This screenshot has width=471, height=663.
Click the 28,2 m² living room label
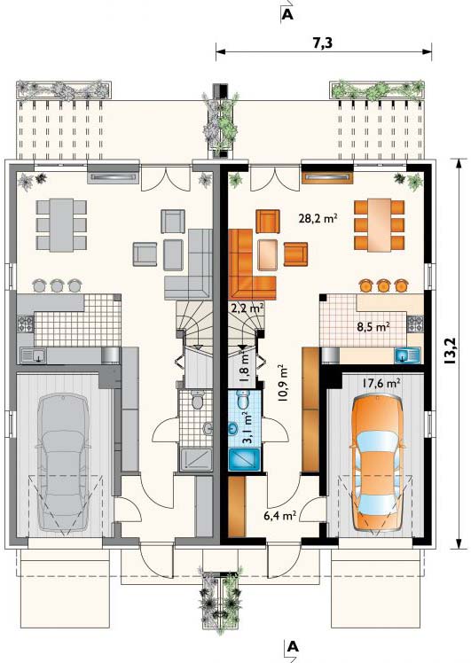point(318,219)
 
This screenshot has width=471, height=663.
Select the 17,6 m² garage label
point(381,383)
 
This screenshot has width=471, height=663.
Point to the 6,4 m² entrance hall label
point(283,516)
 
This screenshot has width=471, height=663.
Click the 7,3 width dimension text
point(323,43)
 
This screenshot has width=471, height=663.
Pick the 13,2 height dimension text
point(451,351)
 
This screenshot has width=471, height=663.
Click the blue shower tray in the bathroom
point(244,460)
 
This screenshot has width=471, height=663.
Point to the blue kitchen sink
point(407,355)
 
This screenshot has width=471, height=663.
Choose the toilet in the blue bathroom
point(243,399)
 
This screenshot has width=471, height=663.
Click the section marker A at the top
point(287,14)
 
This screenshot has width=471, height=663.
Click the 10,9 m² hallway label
point(282,383)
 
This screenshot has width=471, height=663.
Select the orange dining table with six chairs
point(379,224)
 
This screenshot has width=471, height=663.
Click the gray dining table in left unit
point(61,225)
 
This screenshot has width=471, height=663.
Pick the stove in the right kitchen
point(415,324)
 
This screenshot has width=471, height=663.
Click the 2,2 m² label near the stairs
point(247,308)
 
